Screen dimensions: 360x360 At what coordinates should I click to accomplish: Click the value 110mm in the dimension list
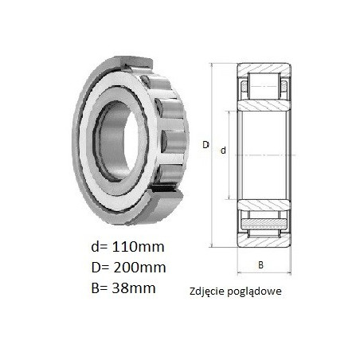139,247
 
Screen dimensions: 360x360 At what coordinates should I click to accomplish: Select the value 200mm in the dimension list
139,268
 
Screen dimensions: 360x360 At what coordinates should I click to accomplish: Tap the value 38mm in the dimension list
134,288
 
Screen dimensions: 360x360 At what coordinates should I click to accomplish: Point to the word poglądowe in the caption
253,292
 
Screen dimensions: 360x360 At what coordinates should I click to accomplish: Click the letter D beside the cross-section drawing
205,145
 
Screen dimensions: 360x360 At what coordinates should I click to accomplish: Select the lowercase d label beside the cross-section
223,151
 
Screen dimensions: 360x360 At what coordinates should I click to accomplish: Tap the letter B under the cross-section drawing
260,264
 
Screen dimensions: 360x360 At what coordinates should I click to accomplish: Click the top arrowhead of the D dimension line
212,65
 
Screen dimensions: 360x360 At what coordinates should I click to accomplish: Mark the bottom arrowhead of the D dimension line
212,245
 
